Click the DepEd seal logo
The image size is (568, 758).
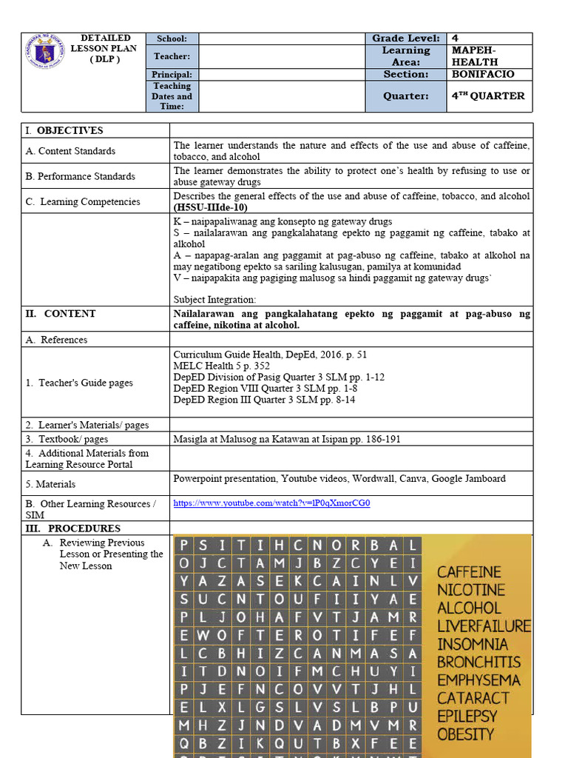click(45, 50)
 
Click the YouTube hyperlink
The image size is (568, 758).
click(271, 503)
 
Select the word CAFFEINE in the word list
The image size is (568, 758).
click(469, 572)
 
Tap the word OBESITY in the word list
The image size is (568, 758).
click(465, 734)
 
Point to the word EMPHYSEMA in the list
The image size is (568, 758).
click(479, 680)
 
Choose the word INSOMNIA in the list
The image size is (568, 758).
click(473, 644)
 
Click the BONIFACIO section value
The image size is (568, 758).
click(483, 74)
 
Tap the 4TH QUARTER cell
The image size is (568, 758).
click(488, 96)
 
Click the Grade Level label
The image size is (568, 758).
click(405, 38)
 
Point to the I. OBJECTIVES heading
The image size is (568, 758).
click(64, 130)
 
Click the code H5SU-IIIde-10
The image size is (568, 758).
click(211, 208)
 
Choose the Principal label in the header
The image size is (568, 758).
click(172, 75)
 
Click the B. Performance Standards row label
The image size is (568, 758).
click(80, 176)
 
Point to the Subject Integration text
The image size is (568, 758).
click(214, 300)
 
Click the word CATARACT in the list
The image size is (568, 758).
click(473, 698)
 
